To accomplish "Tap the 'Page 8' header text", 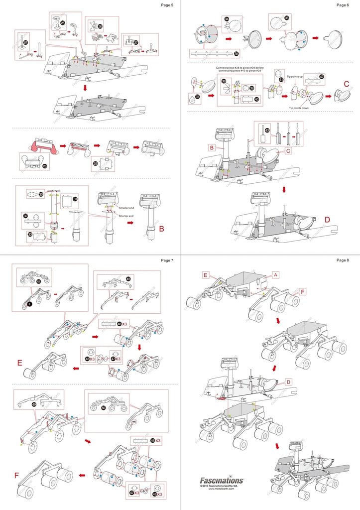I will [x=343, y=260].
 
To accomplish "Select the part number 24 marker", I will [x=26, y=43].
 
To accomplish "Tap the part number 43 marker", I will [x=267, y=130].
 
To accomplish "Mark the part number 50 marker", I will [x=103, y=407].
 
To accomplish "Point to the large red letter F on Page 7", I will [x=17, y=476].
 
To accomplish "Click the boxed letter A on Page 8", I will [x=276, y=274].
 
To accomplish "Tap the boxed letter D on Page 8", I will [x=288, y=382].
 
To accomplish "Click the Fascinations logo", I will [x=222, y=481].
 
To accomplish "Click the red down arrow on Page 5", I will [x=85, y=88].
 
